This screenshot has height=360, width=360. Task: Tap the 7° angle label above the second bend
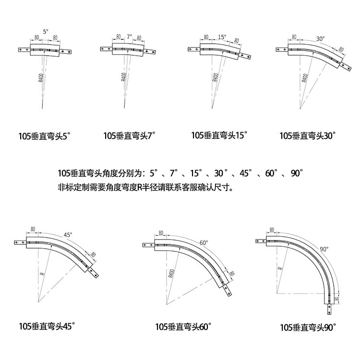point(129,36)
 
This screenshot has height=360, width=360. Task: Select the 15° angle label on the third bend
point(221,36)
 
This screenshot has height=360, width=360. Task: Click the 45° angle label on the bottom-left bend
point(68,235)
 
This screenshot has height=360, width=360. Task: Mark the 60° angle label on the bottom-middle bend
point(204,243)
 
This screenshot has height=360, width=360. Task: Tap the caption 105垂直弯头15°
point(218,135)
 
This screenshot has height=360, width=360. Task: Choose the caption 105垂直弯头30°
point(307,136)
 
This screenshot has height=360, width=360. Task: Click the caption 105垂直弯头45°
point(47,326)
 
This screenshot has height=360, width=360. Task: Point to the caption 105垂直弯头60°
point(183,327)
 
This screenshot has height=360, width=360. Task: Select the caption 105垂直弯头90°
point(308,327)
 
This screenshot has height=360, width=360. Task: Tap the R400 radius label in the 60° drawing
point(171,274)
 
